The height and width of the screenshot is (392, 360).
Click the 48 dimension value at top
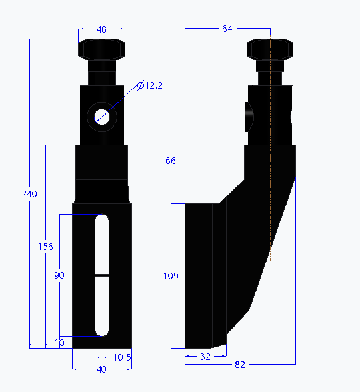(x=102, y=29)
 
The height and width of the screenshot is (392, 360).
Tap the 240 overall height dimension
(x=29, y=194)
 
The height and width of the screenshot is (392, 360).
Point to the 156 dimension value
(x=45, y=247)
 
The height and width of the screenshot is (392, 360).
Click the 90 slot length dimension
(x=59, y=275)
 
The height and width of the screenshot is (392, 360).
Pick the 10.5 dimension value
(x=122, y=357)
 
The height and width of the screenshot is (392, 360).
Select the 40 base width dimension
(x=101, y=369)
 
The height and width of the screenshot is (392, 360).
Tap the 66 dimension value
(x=171, y=161)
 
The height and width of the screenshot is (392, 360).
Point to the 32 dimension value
(x=205, y=357)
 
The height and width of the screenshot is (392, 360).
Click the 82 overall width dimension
(x=240, y=365)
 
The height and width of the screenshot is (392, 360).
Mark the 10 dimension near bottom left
(x=60, y=343)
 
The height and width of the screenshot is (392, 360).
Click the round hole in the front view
(x=102, y=115)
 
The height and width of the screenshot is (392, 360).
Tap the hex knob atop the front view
(x=102, y=50)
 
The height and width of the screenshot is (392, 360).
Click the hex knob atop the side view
(x=270, y=50)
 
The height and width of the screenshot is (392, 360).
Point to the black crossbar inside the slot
(x=102, y=275)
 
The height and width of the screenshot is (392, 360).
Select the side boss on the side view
(x=249, y=116)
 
